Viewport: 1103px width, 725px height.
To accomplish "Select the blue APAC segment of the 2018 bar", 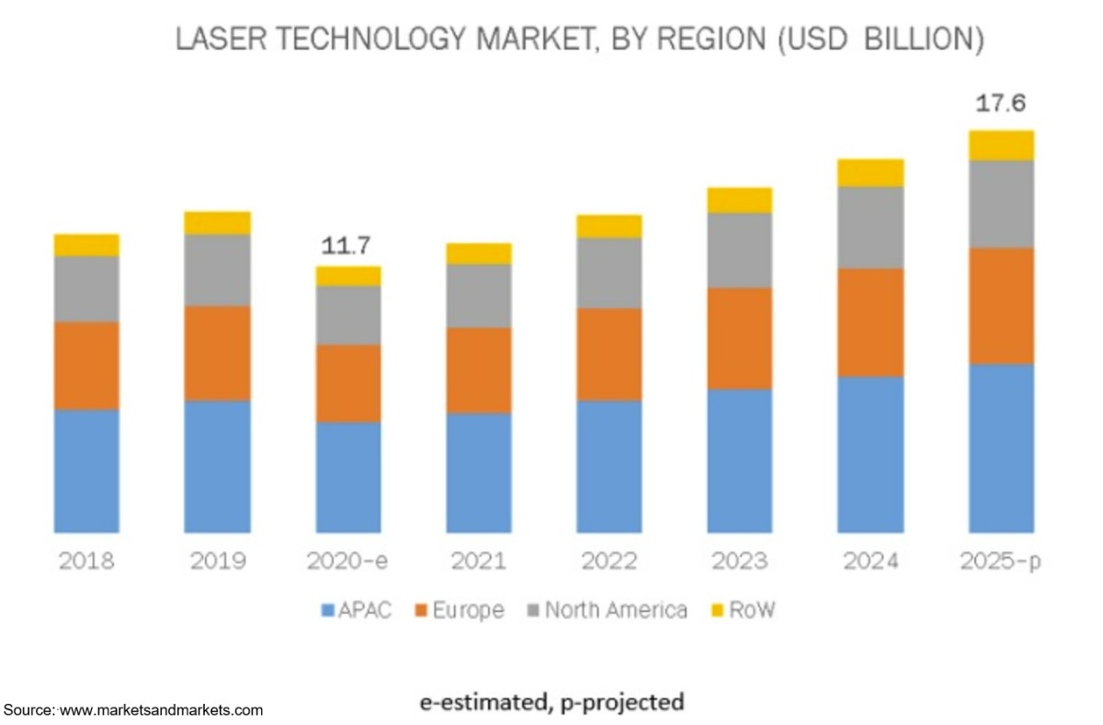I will point(86,470).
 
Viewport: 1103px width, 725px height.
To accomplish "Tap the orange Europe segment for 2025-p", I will point(1001,306).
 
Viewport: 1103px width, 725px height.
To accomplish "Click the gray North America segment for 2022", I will point(608,273).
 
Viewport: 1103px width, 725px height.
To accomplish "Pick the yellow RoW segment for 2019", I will point(217,222).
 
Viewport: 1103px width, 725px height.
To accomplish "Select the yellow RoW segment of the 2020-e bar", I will point(348,276).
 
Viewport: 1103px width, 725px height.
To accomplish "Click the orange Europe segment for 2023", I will point(739,338).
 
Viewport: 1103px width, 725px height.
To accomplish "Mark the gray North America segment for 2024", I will point(870,227).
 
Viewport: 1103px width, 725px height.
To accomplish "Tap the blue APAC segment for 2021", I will point(478,472).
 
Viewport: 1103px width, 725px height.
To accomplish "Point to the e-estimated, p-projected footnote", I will point(551,703).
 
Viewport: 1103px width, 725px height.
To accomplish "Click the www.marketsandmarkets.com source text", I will point(161,710).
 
